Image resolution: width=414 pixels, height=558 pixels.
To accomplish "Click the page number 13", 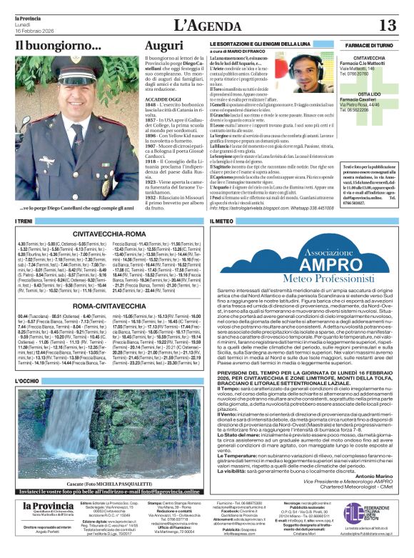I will point(388,26).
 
